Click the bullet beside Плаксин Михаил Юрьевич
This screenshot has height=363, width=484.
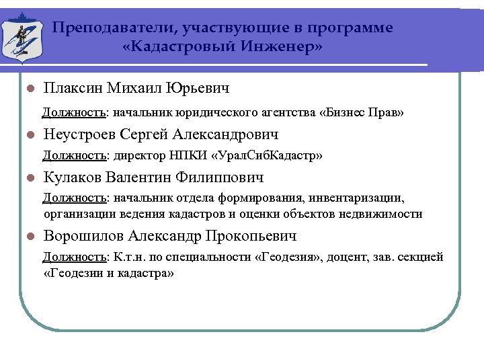[29, 89]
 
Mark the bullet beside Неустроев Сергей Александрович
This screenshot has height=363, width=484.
[29, 135]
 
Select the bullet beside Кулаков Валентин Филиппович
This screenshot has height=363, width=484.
[29, 179]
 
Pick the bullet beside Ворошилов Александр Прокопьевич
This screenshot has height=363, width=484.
[29, 237]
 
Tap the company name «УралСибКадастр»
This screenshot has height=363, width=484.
[267, 156]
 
